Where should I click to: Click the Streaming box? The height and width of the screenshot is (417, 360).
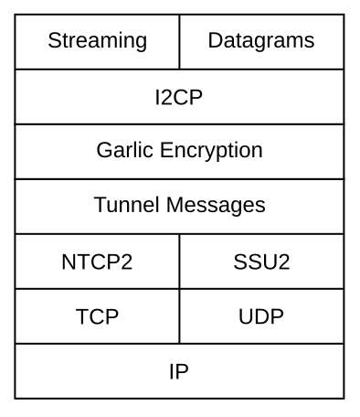pyautogui.click(x=97, y=41)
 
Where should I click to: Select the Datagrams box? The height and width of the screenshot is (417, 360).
pyautogui.click(x=261, y=41)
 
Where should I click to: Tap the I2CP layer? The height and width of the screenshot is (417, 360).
pyautogui.click(x=179, y=96)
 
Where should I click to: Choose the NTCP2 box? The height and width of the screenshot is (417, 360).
pyautogui.click(x=97, y=262)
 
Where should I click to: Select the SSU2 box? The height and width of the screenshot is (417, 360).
pyautogui.click(x=261, y=262)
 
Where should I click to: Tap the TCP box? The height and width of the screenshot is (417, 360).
pyautogui.click(x=97, y=316)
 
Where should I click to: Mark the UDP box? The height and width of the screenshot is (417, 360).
pyautogui.click(x=261, y=316)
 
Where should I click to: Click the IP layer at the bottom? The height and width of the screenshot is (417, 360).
pyautogui.click(x=179, y=371)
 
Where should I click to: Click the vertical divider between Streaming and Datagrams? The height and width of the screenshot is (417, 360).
pyautogui.click(x=179, y=41)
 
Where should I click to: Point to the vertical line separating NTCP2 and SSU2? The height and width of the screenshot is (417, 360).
pyautogui.click(x=179, y=262)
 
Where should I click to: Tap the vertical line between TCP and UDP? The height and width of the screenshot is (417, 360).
pyautogui.click(x=179, y=316)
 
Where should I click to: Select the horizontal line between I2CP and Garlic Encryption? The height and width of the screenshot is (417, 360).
pyautogui.click(x=179, y=123)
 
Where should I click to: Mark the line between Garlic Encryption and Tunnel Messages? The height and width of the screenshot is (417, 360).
pyautogui.click(x=179, y=179)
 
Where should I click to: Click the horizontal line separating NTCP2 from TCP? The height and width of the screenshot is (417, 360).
pyautogui.click(x=97, y=289)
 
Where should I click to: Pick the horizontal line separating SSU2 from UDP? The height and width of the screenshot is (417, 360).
pyautogui.click(x=261, y=289)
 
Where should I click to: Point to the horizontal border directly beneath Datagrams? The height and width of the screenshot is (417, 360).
pyautogui.click(x=261, y=69)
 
